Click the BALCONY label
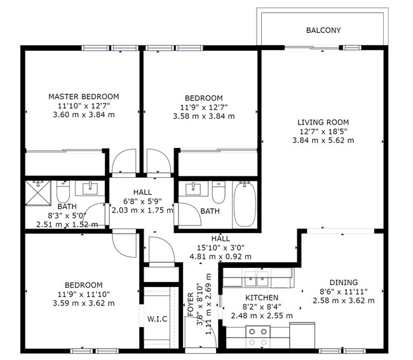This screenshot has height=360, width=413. pos(323,30)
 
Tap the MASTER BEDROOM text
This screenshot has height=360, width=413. pos(83,97)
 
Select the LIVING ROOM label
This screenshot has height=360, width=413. pos(323,122)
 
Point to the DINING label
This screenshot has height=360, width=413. pos(343,283)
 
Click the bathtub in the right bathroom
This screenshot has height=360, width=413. pos(244,204)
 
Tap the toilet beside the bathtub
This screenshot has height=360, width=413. pos(219,192)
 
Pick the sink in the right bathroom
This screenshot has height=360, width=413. pos(193,189)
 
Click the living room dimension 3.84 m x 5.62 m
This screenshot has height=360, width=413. pos(323,140)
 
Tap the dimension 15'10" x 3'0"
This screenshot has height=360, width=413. pos(220,248)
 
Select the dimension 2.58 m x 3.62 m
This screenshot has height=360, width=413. pos(343,300)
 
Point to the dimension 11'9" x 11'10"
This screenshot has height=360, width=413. pos(83,293)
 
